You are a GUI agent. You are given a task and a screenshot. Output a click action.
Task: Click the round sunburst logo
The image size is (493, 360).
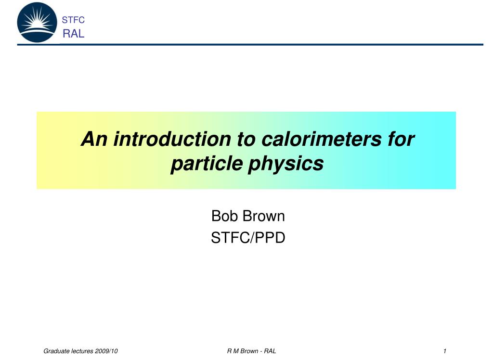tap(37, 22)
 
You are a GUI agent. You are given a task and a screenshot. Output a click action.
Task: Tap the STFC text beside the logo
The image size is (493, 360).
tap(73, 20)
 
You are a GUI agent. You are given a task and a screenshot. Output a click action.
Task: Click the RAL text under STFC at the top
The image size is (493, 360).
tap(74, 33)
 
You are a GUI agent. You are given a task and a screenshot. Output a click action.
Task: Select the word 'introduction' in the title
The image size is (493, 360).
tap(172, 139)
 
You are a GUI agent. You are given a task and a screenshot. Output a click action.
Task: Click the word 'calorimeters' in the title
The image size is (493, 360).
tap(321, 139)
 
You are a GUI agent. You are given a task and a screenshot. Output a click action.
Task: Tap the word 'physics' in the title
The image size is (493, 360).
tap(286, 164)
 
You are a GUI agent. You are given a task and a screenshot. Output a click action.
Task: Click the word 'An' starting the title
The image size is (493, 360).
tap(94, 139)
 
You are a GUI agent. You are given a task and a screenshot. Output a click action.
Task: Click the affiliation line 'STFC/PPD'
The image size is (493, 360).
tap(248, 238)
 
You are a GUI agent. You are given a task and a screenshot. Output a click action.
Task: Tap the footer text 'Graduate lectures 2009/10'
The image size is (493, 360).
tap(80, 351)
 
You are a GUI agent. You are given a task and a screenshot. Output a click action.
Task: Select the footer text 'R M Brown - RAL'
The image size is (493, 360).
tap(251, 351)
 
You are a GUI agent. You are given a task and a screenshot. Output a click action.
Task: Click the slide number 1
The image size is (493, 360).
tap(444, 351)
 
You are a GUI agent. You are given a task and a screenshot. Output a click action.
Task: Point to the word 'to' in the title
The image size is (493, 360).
tap(246, 139)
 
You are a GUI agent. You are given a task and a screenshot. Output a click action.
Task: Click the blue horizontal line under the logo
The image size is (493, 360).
tap(250, 45)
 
